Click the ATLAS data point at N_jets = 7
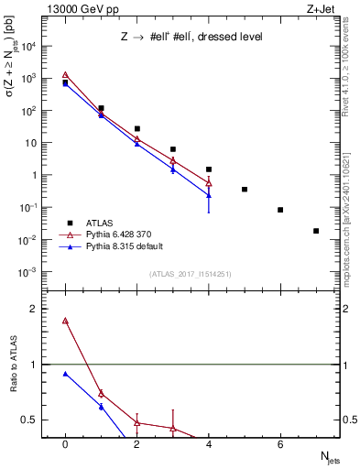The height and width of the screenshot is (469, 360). pyautogui.click(x=316, y=231)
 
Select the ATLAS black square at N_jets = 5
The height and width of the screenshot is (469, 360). pyautogui.click(x=245, y=190)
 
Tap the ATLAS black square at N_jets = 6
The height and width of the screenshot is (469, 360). pyautogui.click(x=280, y=210)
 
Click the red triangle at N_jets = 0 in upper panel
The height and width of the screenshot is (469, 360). pyautogui.click(x=65, y=76)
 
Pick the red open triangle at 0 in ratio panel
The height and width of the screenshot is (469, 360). pyautogui.click(x=65, y=322)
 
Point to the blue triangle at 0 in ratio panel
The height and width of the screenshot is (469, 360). pyautogui.click(x=65, y=374)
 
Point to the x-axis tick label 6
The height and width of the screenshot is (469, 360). pyautogui.click(x=280, y=444)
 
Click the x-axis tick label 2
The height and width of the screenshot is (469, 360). pyautogui.click(x=136, y=444)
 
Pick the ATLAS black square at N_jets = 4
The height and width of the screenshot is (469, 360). pyautogui.click(x=209, y=169)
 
